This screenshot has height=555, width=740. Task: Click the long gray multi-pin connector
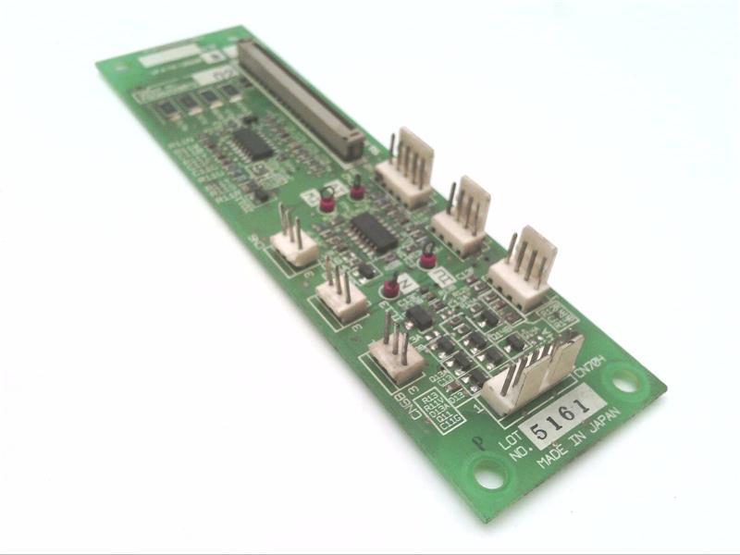(301, 96)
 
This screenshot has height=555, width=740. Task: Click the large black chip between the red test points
(375, 232)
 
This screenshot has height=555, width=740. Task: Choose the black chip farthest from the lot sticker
(253, 144)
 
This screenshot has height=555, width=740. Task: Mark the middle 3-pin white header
(340, 294)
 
